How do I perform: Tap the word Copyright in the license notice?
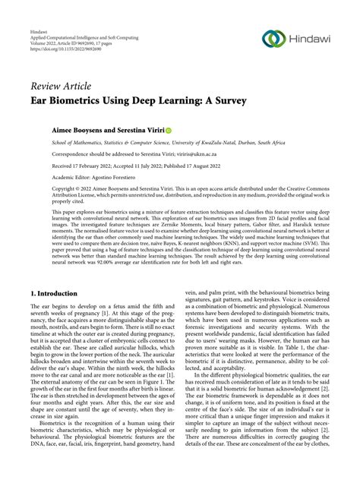point(46,190)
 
